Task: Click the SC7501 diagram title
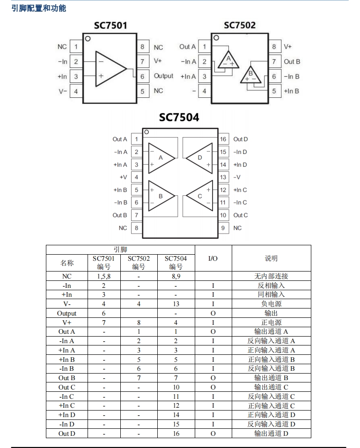click(110, 25)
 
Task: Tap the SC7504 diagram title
click(179, 118)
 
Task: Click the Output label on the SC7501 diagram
click(163, 76)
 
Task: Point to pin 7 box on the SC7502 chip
click(274, 61)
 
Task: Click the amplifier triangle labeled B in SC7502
click(251, 75)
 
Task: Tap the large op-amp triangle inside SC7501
click(109, 68)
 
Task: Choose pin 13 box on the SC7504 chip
click(223, 177)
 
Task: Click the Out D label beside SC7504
click(241, 139)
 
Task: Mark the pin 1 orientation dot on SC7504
click(146, 132)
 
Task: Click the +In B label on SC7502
click(291, 91)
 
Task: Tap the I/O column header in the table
click(213, 258)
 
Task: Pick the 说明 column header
click(271, 258)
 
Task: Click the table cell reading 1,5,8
click(103, 276)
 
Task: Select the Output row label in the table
click(66, 313)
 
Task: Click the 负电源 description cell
click(271, 304)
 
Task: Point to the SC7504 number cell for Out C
click(176, 387)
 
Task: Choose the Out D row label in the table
click(66, 433)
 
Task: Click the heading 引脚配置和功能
click(38, 8)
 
